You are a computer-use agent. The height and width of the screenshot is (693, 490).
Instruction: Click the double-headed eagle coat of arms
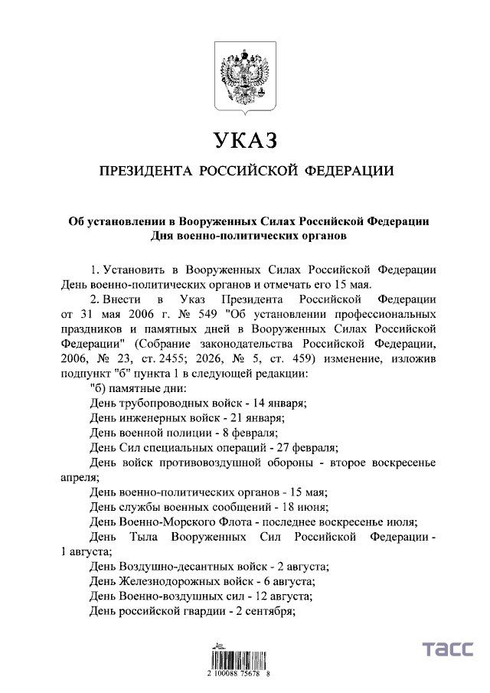pos(244,78)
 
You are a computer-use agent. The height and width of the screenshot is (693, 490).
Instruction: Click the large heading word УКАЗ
pos(244,140)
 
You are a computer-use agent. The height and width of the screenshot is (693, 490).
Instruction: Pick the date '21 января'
pos(260,417)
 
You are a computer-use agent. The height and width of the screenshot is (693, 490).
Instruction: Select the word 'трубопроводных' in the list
pos(160,403)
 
